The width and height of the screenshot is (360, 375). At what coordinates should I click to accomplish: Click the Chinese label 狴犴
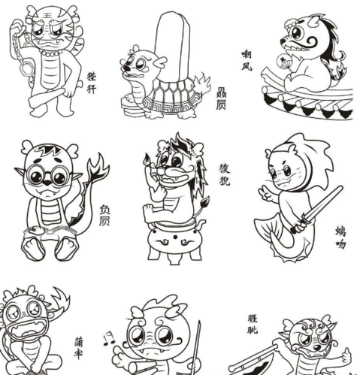pyautogui.click(x=92, y=82)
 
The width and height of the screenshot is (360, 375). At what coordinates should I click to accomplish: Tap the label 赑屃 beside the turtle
pyautogui.click(x=221, y=98)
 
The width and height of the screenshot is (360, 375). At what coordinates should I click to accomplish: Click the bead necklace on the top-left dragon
pyautogui.click(x=51, y=53)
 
